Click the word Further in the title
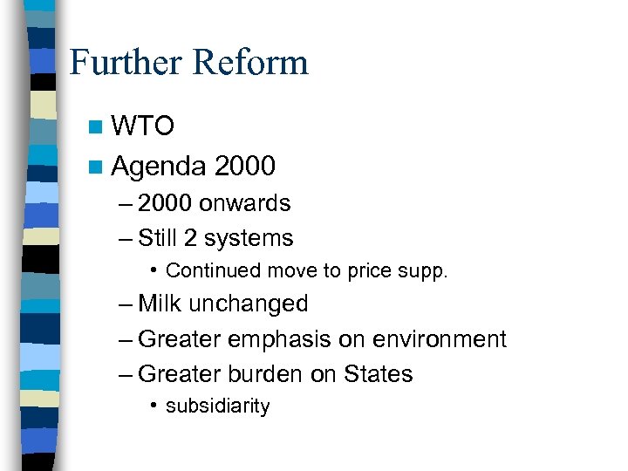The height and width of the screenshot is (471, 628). click(x=127, y=63)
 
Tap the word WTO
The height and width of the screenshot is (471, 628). click(x=144, y=127)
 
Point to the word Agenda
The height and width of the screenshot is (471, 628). click(x=159, y=165)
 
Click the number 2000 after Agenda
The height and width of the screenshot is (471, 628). click(x=244, y=165)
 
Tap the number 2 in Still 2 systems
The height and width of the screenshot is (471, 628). click(x=194, y=238)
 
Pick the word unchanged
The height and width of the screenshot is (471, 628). click(x=249, y=304)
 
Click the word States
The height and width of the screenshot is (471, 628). click(x=378, y=373)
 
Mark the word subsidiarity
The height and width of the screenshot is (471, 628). click(x=217, y=406)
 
